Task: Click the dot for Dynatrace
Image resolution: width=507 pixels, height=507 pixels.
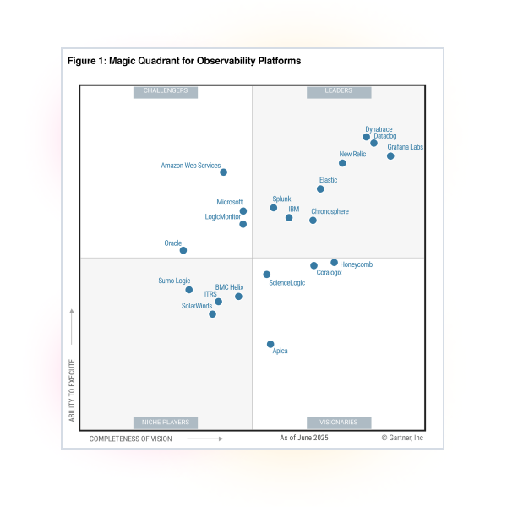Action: (x=367, y=137)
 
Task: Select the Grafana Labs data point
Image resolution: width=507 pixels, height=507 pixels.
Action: (x=390, y=156)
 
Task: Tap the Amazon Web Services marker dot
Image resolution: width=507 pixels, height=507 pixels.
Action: (x=223, y=172)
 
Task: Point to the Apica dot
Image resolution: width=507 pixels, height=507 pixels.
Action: (x=270, y=345)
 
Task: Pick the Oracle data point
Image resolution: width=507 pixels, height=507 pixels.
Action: (x=183, y=250)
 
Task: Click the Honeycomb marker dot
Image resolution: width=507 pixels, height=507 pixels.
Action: (x=335, y=263)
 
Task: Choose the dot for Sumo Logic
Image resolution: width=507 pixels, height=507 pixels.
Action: (x=189, y=290)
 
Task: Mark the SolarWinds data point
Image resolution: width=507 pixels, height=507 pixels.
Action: (x=212, y=314)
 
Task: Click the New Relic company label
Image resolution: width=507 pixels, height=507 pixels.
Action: (x=352, y=155)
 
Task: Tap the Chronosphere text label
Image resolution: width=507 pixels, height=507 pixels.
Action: (x=330, y=211)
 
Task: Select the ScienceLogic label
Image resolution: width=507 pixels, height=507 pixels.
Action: (x=286, y=283)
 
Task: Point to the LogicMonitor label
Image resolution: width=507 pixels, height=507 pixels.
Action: (x=223, y=217)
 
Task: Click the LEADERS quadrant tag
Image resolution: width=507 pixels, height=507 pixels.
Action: (x=338, y=91)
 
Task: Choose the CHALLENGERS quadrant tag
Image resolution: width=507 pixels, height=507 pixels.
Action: (x=166, y=91)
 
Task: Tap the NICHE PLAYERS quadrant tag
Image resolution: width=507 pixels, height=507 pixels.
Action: (x=166, y=422)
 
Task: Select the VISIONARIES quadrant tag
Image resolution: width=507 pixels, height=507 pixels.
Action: (x=338, y=422)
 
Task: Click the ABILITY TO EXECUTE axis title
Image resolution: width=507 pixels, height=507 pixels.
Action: (x=72, y=390)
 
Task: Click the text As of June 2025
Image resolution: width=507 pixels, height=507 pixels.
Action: (x=304, y=439)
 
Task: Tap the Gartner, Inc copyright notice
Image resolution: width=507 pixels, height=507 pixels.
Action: (x=402, y=439)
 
